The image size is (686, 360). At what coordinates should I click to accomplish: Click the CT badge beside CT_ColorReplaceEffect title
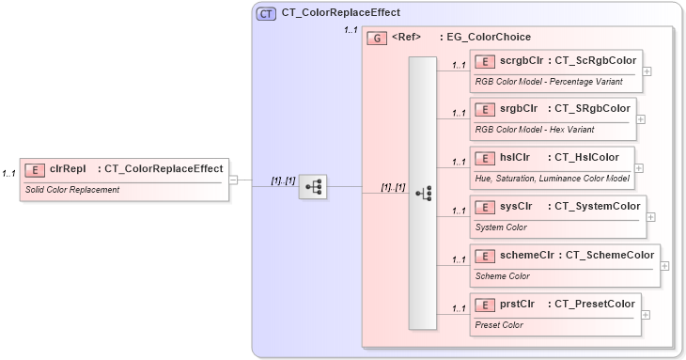point(266,13)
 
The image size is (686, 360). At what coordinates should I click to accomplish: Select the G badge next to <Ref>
point(377,38)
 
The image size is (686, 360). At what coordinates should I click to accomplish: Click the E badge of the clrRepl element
point(35,169)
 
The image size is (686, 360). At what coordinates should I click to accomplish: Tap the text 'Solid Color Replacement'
point(72,190)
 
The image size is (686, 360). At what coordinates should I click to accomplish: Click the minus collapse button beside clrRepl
point(234,180)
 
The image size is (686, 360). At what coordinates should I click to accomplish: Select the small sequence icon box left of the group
point(312,187)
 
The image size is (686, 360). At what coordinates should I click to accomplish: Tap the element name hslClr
point(514,157)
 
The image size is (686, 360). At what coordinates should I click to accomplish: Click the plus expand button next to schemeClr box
point(664,266)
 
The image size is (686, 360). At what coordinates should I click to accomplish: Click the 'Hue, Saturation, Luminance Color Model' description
point(552,179)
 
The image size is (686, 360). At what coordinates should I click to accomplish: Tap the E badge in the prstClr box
point(486,304)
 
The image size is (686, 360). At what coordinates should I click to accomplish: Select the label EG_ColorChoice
point(490,38)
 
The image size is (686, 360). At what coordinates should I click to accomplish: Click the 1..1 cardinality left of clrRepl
point(9,174)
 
